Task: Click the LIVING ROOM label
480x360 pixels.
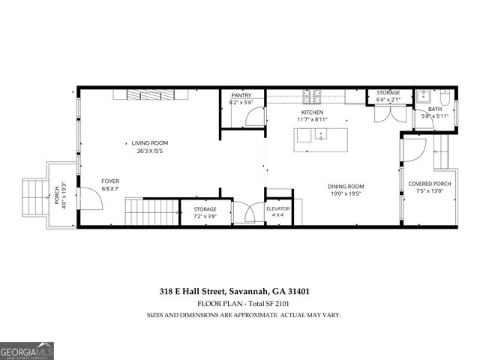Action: click(x=149, y=142)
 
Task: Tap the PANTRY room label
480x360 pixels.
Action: click(x=241, y=95)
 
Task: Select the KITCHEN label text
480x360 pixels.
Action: click(x=311, y=112)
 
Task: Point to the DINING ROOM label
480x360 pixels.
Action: click(x=345, y=186)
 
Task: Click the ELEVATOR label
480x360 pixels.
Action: click(x=277, y=208)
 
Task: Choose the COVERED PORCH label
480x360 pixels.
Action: click(x=429, y=184)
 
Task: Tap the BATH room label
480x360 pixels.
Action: click(x=434, y=109)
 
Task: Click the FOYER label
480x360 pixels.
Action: click(x=110, y=181)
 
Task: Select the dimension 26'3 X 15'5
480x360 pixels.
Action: click(x=149, y=151)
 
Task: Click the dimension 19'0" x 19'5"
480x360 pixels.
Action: click(x=345, y=193)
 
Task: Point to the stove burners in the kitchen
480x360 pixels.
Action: click(x=313, y=96)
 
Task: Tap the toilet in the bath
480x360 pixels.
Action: click(x=444, y=98)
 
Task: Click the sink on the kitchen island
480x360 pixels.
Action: click(x=322, y=135)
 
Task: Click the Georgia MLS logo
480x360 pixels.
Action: click(x=25, y=350)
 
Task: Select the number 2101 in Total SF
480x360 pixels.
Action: click(x=280, y=304)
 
